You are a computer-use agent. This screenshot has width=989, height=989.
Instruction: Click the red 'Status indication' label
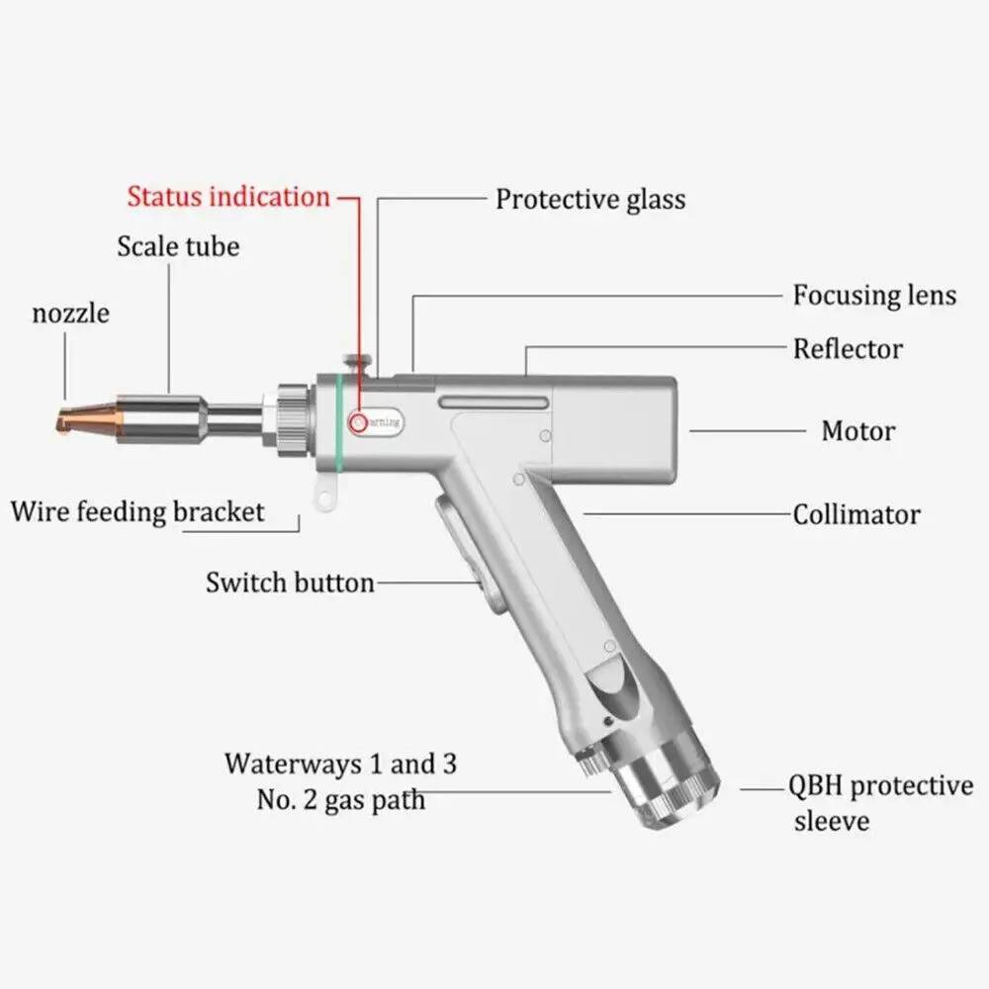click(228, 196)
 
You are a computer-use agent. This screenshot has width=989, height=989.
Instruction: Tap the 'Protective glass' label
click(590, 199)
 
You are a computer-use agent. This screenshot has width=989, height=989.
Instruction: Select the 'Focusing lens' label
click(874, 295)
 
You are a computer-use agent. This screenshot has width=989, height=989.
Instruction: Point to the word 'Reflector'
click(848, 349)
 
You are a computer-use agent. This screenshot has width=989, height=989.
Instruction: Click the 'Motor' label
click(858, 431)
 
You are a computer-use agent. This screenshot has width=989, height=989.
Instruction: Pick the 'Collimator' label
click(856, 514)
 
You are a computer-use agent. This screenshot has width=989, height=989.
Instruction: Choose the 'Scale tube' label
click(178, 245)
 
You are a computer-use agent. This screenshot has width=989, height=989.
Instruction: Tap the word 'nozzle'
click(70, 315)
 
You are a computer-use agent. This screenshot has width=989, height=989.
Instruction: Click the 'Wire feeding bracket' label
click(138, 512)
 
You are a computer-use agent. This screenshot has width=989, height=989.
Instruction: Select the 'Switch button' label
click(290, 583)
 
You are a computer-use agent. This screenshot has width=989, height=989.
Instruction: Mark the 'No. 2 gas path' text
click(341, 799)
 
